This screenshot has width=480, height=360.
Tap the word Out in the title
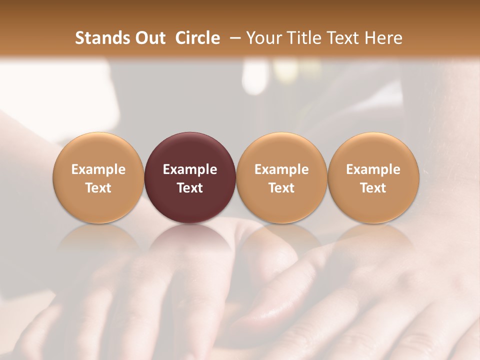point(149,38)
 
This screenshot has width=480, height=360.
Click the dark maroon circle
point(190,150)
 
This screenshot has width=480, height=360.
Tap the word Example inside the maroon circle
point(190,169)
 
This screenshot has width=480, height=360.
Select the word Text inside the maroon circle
point(190,188)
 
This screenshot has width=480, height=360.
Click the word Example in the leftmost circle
point(98,169)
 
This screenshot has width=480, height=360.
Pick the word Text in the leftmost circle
point(98,188)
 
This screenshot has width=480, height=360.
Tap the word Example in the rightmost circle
point(373,169)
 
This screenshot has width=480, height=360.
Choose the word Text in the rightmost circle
point(373,188)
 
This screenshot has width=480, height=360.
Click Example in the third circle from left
point(281,169)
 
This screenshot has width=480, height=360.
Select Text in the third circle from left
point(281,188)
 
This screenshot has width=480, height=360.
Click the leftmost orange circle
point(98,150)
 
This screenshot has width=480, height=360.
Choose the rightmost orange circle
point(373,150)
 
